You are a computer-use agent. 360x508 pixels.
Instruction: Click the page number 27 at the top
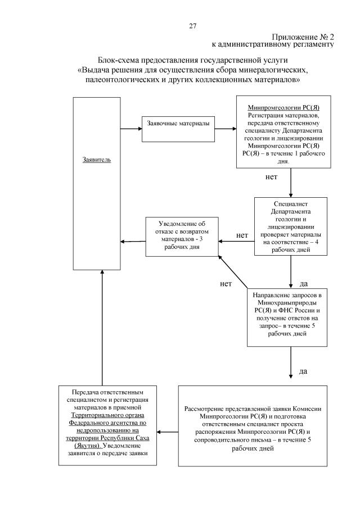(x=192, y=26)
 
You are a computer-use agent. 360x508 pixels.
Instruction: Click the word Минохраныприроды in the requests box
(x=287, y=301)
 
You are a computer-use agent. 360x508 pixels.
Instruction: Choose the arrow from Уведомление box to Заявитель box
(x=133, y=242)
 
